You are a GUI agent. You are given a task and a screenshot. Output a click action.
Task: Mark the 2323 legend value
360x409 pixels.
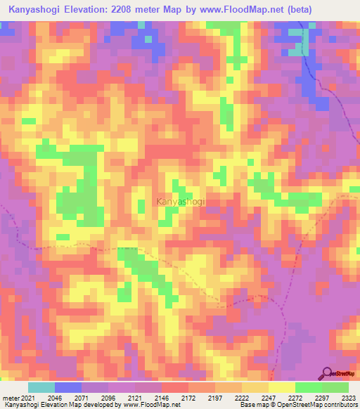tap(347, 397)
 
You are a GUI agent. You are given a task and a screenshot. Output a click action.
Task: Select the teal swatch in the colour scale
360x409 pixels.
tap(41, 387)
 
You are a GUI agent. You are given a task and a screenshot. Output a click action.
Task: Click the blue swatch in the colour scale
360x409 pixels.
tap(68, 387)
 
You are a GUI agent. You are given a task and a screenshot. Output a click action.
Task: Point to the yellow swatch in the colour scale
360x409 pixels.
tap(281, 387)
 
